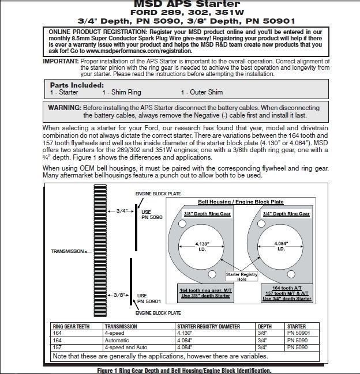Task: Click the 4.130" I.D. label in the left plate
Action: coord(201,246)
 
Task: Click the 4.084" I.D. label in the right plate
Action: coord(281,246)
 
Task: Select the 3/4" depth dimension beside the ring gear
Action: coord(122,211)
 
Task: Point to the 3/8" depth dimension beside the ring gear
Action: coord(120,294)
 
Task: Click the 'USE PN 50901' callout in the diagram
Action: coord(149,298)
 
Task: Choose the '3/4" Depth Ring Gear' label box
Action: coord(286,214)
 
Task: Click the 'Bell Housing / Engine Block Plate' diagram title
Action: coord(241,202)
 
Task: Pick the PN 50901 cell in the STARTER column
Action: coord(299,333)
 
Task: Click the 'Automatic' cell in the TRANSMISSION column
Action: coord(118,341)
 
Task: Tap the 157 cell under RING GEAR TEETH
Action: coord(57,347)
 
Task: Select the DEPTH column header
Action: coord(264,326)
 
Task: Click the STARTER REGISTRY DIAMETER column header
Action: coord(208,326)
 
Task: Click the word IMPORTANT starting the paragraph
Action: coord(61,61)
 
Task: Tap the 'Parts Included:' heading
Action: coord(76,85)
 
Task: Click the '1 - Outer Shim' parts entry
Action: coord(201,92)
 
